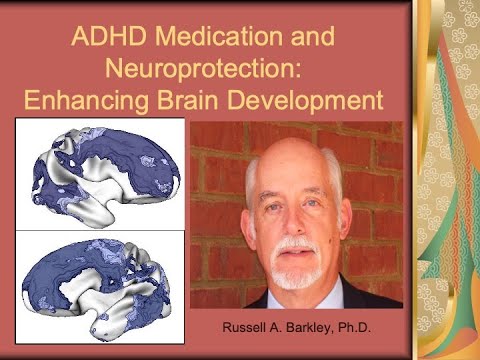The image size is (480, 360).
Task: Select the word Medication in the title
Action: [x=214, y=44]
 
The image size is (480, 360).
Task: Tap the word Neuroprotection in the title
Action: [x=213, y=72]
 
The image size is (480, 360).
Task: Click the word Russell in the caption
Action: [x=249, y=327]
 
